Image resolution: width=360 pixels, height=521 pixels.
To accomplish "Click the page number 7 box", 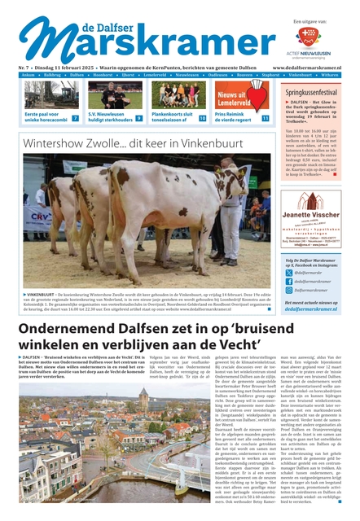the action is tap(76, 118).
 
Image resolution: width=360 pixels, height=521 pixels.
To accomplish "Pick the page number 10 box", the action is tap(202, 118).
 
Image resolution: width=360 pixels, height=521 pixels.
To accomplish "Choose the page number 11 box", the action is tap(265, 118).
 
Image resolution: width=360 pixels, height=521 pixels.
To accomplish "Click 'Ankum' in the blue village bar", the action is tap(29, 74).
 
